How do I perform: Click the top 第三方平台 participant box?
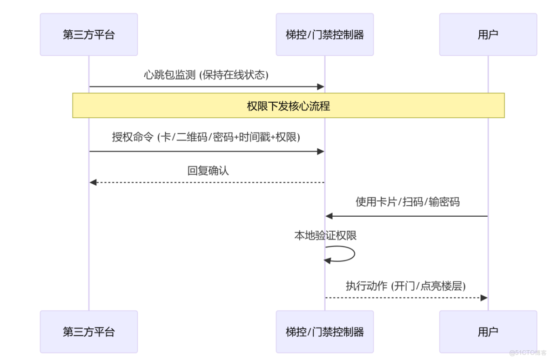coord(88,34)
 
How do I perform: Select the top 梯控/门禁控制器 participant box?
coord(324,34)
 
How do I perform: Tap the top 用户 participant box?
coord(488,34)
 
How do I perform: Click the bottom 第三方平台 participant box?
coord(88,332)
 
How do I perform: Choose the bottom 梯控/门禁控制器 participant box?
coord(324,332)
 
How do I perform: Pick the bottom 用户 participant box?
coord(488,332)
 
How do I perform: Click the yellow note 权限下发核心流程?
coord(288,106)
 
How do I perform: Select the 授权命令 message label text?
coord(206,137)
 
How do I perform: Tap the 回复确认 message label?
coord(208,171)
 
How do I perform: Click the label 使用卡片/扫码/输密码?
coord(408,202)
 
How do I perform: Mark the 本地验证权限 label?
coord(325,236)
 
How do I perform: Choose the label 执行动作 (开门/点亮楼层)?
coord(406,286)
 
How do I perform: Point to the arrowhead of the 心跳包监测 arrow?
coord(321,87)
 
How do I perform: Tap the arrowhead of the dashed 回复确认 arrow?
coord(93,182)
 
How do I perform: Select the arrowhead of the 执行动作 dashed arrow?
coord(484,298)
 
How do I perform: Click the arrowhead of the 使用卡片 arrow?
coord(329,216)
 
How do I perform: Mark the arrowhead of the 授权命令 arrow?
coord(321,151)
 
